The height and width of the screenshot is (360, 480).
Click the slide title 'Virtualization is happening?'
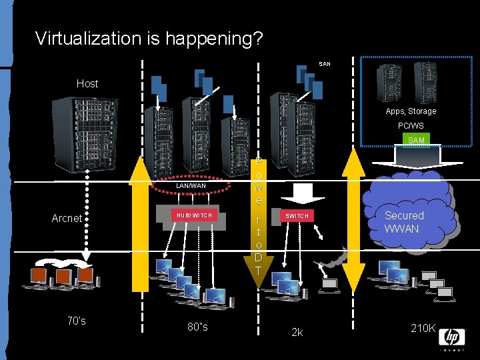point(149,38)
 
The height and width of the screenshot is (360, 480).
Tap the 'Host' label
point(87,83)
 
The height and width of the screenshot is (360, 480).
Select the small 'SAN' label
point(325,64)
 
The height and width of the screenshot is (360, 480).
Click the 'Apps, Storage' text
point(411,111)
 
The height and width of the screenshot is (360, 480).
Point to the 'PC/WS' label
point(411,125)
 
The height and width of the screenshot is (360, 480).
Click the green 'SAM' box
point(416,140)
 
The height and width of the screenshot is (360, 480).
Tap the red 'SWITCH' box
point(297,216)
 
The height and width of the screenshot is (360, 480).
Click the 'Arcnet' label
point(67,218)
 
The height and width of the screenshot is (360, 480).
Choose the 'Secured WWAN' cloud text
point(403,222)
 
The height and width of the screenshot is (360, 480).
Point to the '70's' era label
point(77,321)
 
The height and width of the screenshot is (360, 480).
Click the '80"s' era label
point(197,327)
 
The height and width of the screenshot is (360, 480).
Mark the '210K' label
point(423,328)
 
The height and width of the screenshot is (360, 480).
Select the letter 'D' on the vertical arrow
point(259,258)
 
